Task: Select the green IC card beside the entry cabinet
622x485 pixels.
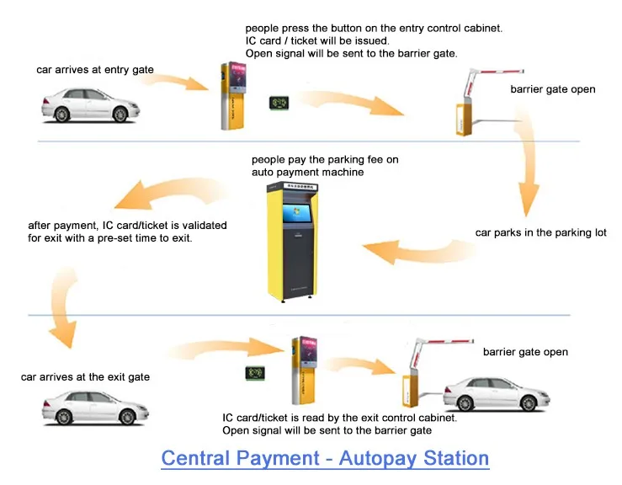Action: point(278,103)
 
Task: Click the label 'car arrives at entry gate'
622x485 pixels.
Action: point(95,70)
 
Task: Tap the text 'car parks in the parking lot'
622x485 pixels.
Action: point(540,232)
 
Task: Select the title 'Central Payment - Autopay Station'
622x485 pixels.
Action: point(325,459)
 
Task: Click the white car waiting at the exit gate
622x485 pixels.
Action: point(88,408)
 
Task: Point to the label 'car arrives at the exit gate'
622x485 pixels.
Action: point(86,376)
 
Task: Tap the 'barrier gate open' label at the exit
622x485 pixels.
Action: point(525,352)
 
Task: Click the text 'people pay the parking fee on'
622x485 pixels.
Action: point(325,159)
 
